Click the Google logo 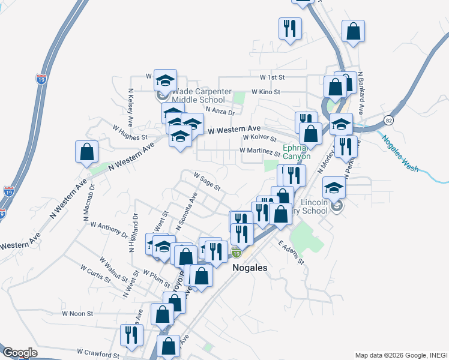20,353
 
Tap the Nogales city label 249,268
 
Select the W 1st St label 272,77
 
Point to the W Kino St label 266,91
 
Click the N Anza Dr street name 219,110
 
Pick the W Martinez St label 260,151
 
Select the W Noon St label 77,313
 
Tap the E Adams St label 291,253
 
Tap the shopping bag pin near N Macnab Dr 87,152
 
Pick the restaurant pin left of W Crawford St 131,335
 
